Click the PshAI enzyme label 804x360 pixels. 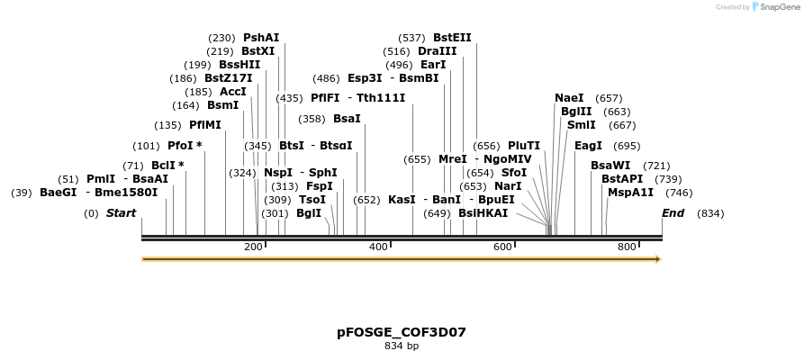tap(261, 38)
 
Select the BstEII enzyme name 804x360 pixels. tap(452, 38)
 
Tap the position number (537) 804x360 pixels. tap(411, 38)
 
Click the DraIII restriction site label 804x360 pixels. tap(437, 51)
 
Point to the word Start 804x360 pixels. tap(121, 213)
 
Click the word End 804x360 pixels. tap(673, 213)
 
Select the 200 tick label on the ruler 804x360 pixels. tap(252, 247)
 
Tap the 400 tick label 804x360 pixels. tap(377, 247)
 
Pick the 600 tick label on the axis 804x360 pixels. tap(501, 247)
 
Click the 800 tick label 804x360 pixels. tap(626, 247)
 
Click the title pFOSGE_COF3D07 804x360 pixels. tap(402, 332)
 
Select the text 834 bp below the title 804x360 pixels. tap(402, 346)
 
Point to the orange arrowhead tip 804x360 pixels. tap(660, 259)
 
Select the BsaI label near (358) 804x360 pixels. tap(347, 119)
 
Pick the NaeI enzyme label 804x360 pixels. tap(569, 98)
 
